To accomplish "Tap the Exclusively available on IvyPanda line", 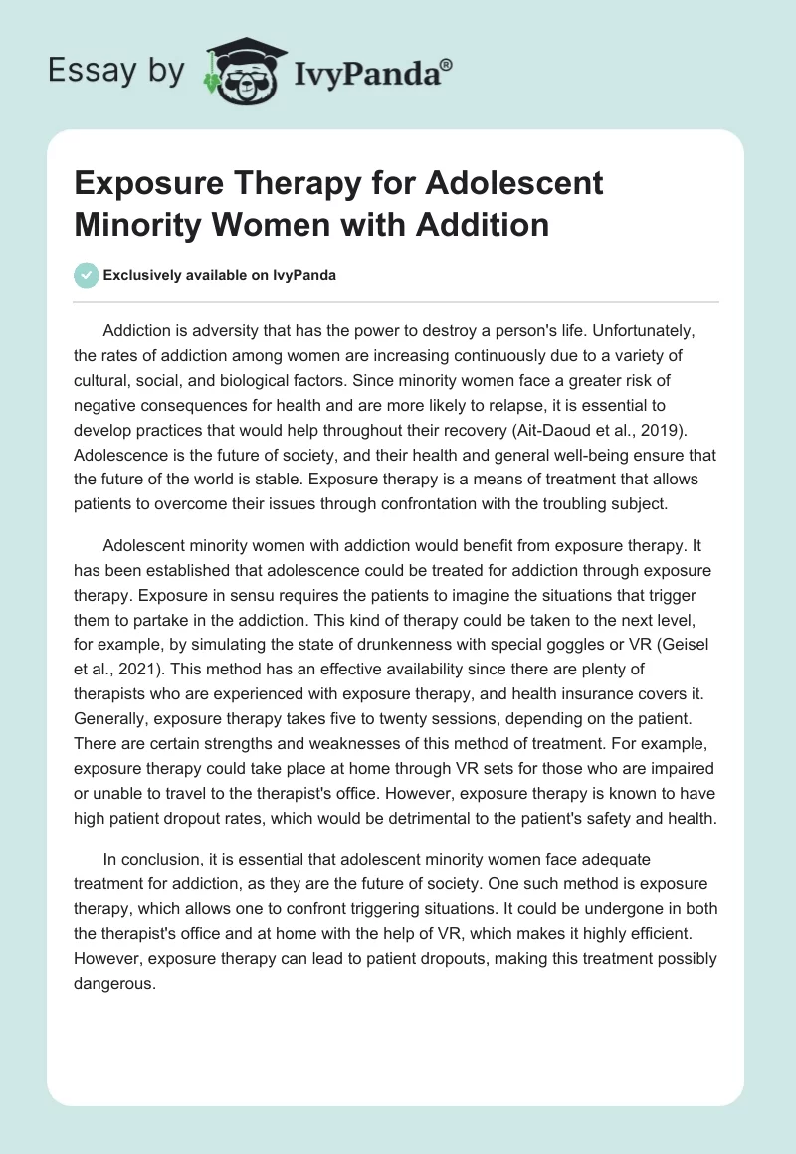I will (220, 275).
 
